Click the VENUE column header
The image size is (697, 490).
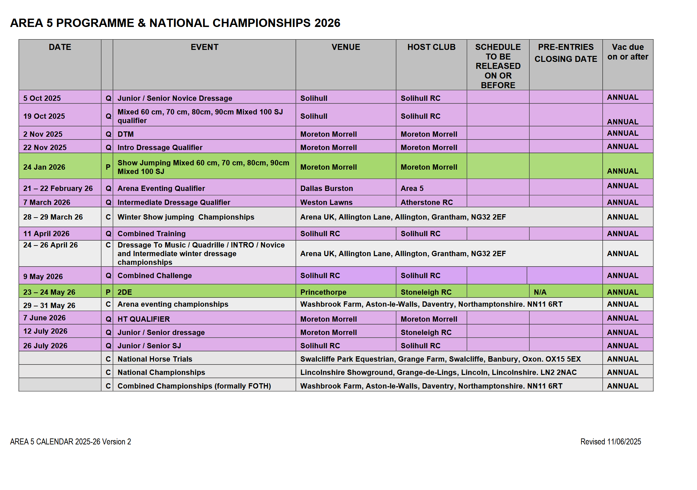pos(346,47)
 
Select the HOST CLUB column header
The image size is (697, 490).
pos(431,47)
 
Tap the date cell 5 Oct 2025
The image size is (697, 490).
pos(42,98)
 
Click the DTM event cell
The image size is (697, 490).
pos(125,134)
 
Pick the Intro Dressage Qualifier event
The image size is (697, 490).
pos(160,148)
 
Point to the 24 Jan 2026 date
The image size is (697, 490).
pos(44,167)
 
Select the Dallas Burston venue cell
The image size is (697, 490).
pos(326,189)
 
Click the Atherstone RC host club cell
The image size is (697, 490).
pos(426,203)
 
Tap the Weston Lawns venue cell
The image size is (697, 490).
pos(326,203)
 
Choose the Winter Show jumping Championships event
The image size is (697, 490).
pos(186,217)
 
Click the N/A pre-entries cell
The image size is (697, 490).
pos(540,292)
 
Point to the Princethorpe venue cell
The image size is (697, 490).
pos(323,292)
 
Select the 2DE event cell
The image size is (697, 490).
pos(125,292)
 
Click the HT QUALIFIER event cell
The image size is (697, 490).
pos(143,319)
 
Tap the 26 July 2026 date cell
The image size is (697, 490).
pos(45,346)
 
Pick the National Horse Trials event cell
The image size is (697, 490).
pos(155,359)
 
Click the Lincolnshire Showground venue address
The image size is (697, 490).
pos(438,373)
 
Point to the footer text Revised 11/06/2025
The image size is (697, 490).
pos(610,442)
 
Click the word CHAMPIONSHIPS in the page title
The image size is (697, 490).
pos(262,23)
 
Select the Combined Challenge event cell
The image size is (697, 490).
pos(154,276)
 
